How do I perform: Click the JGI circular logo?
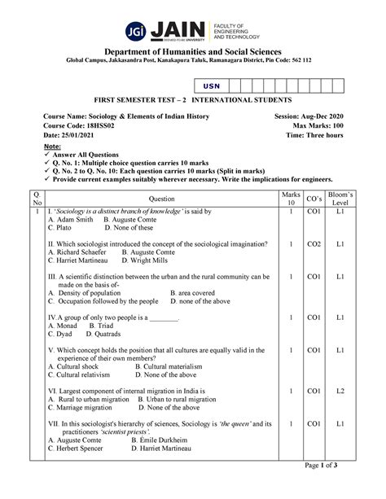[137, 32]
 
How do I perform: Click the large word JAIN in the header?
[178, 30]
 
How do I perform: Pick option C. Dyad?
[63, 334]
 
